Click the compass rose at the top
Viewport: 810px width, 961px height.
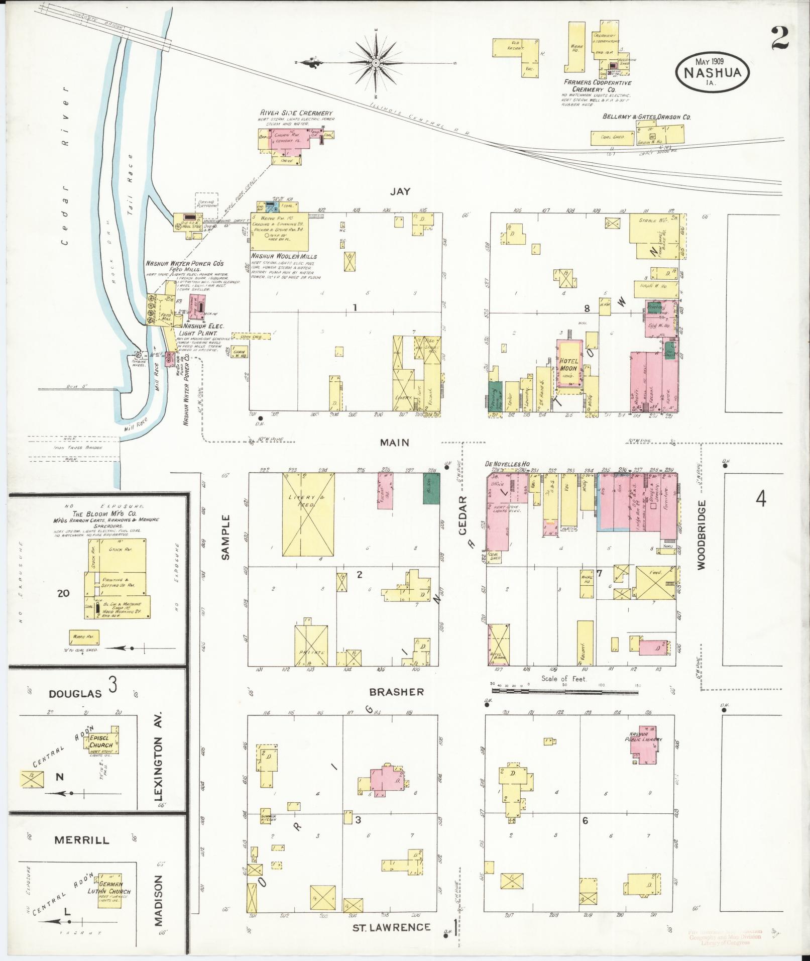click(x=376, y=63)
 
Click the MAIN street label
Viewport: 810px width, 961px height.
click(x=394, y=443)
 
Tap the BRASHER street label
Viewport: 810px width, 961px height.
click(x=396, y=692)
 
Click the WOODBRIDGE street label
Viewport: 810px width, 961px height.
click(x=701, y=535)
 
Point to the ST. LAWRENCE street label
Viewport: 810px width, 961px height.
click(x=391, y=927)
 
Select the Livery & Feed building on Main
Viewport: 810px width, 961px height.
click(x=308, y=514)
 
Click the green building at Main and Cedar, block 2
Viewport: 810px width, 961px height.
click(x=431, y=488)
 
